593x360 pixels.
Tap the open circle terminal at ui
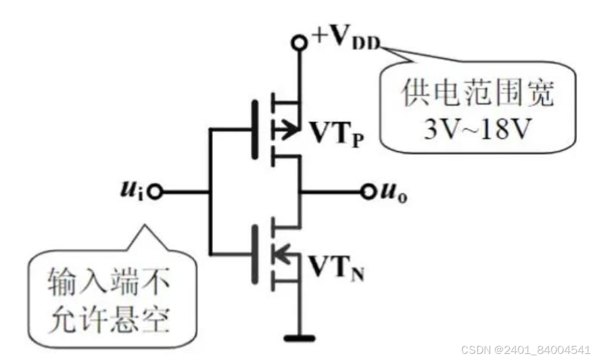[156, 192]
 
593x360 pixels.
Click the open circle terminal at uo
[369, 192]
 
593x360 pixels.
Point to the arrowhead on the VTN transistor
[282, 255]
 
